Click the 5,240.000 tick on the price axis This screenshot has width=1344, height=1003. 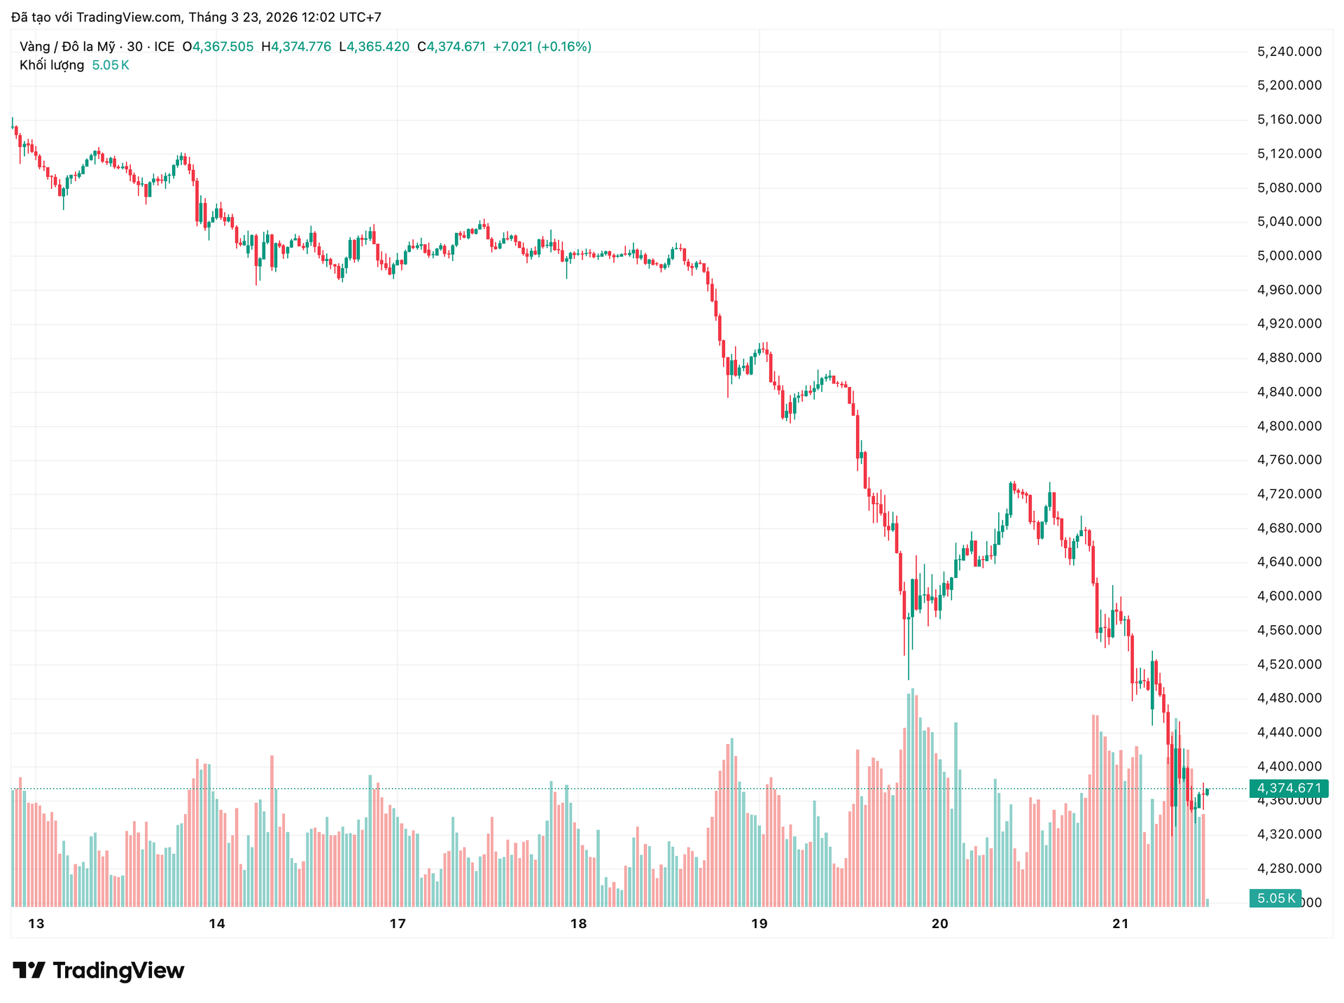click(1289, 51)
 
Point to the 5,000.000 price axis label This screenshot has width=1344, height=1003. click(1289, 255)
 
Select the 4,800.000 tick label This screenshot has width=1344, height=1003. click(1289, 426)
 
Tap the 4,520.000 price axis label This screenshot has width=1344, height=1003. click(1289, 664)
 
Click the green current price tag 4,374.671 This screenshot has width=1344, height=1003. click(1289, 788)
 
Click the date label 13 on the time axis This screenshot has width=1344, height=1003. click(36, 923)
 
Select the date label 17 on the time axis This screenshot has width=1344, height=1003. click(398, 923)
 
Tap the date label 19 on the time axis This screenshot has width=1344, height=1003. click(759, 923)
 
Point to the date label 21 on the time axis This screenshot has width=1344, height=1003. click(1121, 923)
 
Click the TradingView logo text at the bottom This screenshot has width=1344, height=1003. click(99, 970)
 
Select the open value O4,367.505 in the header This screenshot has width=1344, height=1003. click(218, 47)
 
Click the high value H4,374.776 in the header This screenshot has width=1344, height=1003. click(296, 47)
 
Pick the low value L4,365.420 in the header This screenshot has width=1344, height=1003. click(374, 47)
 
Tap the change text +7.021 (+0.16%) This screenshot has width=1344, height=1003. click(542, 47)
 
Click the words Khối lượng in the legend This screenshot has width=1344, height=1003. click(52, 65)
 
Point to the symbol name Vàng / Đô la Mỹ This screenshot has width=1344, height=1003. click(66, 47)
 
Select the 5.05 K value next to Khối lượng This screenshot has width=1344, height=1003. click(111, 65)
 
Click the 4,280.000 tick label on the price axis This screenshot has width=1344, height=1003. click(1289, 868)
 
